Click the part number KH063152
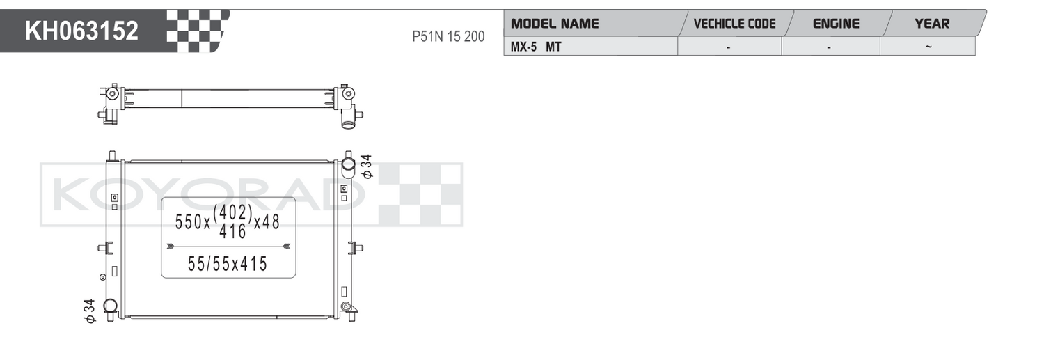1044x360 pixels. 81,31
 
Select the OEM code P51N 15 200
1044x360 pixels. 448,36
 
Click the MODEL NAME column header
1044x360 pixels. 555,23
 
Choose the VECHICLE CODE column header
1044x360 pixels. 734,23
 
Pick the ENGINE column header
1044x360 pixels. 836,23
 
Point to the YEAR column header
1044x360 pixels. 932,23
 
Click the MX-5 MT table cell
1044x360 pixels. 536,47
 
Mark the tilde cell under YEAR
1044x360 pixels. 928,47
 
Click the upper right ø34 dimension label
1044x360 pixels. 367,166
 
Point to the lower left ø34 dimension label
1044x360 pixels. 89,311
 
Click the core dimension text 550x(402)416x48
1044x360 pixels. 228,222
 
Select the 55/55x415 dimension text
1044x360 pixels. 228,264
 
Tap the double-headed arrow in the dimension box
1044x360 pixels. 228,246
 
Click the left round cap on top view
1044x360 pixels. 112,93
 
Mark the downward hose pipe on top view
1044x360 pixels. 349,120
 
